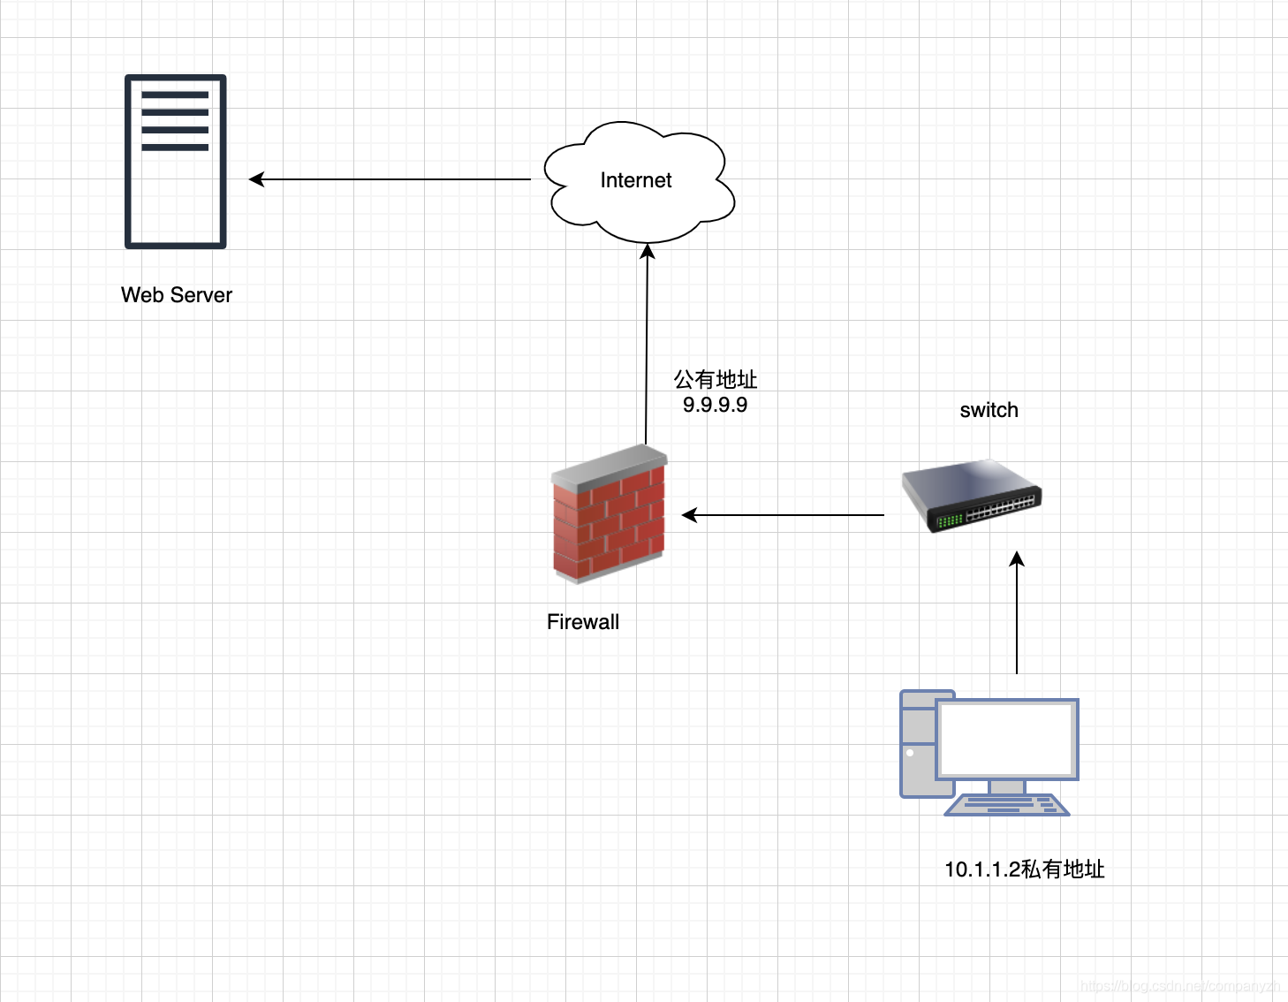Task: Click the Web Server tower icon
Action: (x=176, y=162)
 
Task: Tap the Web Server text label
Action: (x=177, y=295)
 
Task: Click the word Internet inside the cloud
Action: (x=635, y=180)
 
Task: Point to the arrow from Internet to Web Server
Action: (x=389, y=179)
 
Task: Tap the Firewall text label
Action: (x=583, y=622)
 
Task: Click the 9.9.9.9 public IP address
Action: (x=715, y=405)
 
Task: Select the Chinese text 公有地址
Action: (x=716, y=380)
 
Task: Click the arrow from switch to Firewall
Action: (x=783, y=514)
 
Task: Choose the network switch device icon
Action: (x=972, y=495)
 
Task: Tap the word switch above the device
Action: (x=989, y=410)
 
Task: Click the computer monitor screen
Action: (x=1006, y=739)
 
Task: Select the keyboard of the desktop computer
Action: (x=1006, y=805)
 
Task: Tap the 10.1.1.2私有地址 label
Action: (x=1024, y=869)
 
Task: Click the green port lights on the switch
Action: (x=949, y=520)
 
